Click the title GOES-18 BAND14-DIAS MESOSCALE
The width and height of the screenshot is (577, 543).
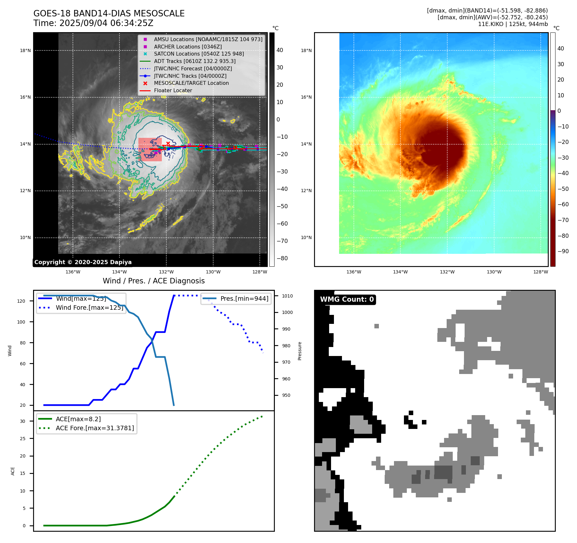pyautogui.click(x=109, y=13)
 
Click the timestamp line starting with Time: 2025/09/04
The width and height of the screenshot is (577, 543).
pyautogui.click(x=93, y=23)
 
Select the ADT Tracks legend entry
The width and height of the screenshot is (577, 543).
pyautogui.click(x=195, y=61)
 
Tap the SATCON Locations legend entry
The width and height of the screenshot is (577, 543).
pyautogui.click(x=199, y=54)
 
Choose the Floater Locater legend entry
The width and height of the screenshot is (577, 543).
pyautogui.click(x=173, y=91)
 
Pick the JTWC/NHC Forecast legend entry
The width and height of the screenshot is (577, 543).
pyautogui.click(x=193, y=68)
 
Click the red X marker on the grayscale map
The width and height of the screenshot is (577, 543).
pyautogui.click(x=168, y=143)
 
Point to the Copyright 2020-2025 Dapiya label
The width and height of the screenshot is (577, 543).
pyautogui.click(x=83, y=262)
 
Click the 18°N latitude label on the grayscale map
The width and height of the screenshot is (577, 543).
pyautogui.click(x=25, y=50)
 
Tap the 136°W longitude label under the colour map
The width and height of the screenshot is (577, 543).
pyautogui.click(x=354, y=272)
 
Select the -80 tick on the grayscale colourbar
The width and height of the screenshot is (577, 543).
pyautogui.click(x=282, y=258)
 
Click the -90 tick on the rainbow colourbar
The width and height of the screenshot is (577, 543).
pyautogui.click(x=563, y=251)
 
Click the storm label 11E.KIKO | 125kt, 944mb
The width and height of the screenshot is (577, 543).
pyautogui.click(x=513, y=24)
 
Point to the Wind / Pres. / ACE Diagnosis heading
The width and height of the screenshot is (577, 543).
pyautogui.click(x=153, y=281)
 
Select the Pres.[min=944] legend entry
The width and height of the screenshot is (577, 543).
pyautogui.click(x=244, y=298)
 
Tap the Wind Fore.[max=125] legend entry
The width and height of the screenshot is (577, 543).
pyautogui.click(x=89, y=307)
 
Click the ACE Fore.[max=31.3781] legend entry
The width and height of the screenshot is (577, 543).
pyautogui.click(x=95, y=428)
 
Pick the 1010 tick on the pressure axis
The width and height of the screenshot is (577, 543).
pyautogui.click(x=287, y=296)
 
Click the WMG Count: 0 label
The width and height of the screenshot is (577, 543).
pyautogui.click(x=347, y=299)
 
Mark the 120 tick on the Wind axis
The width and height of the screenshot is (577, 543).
pyautogui.click(x=21, y=301)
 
